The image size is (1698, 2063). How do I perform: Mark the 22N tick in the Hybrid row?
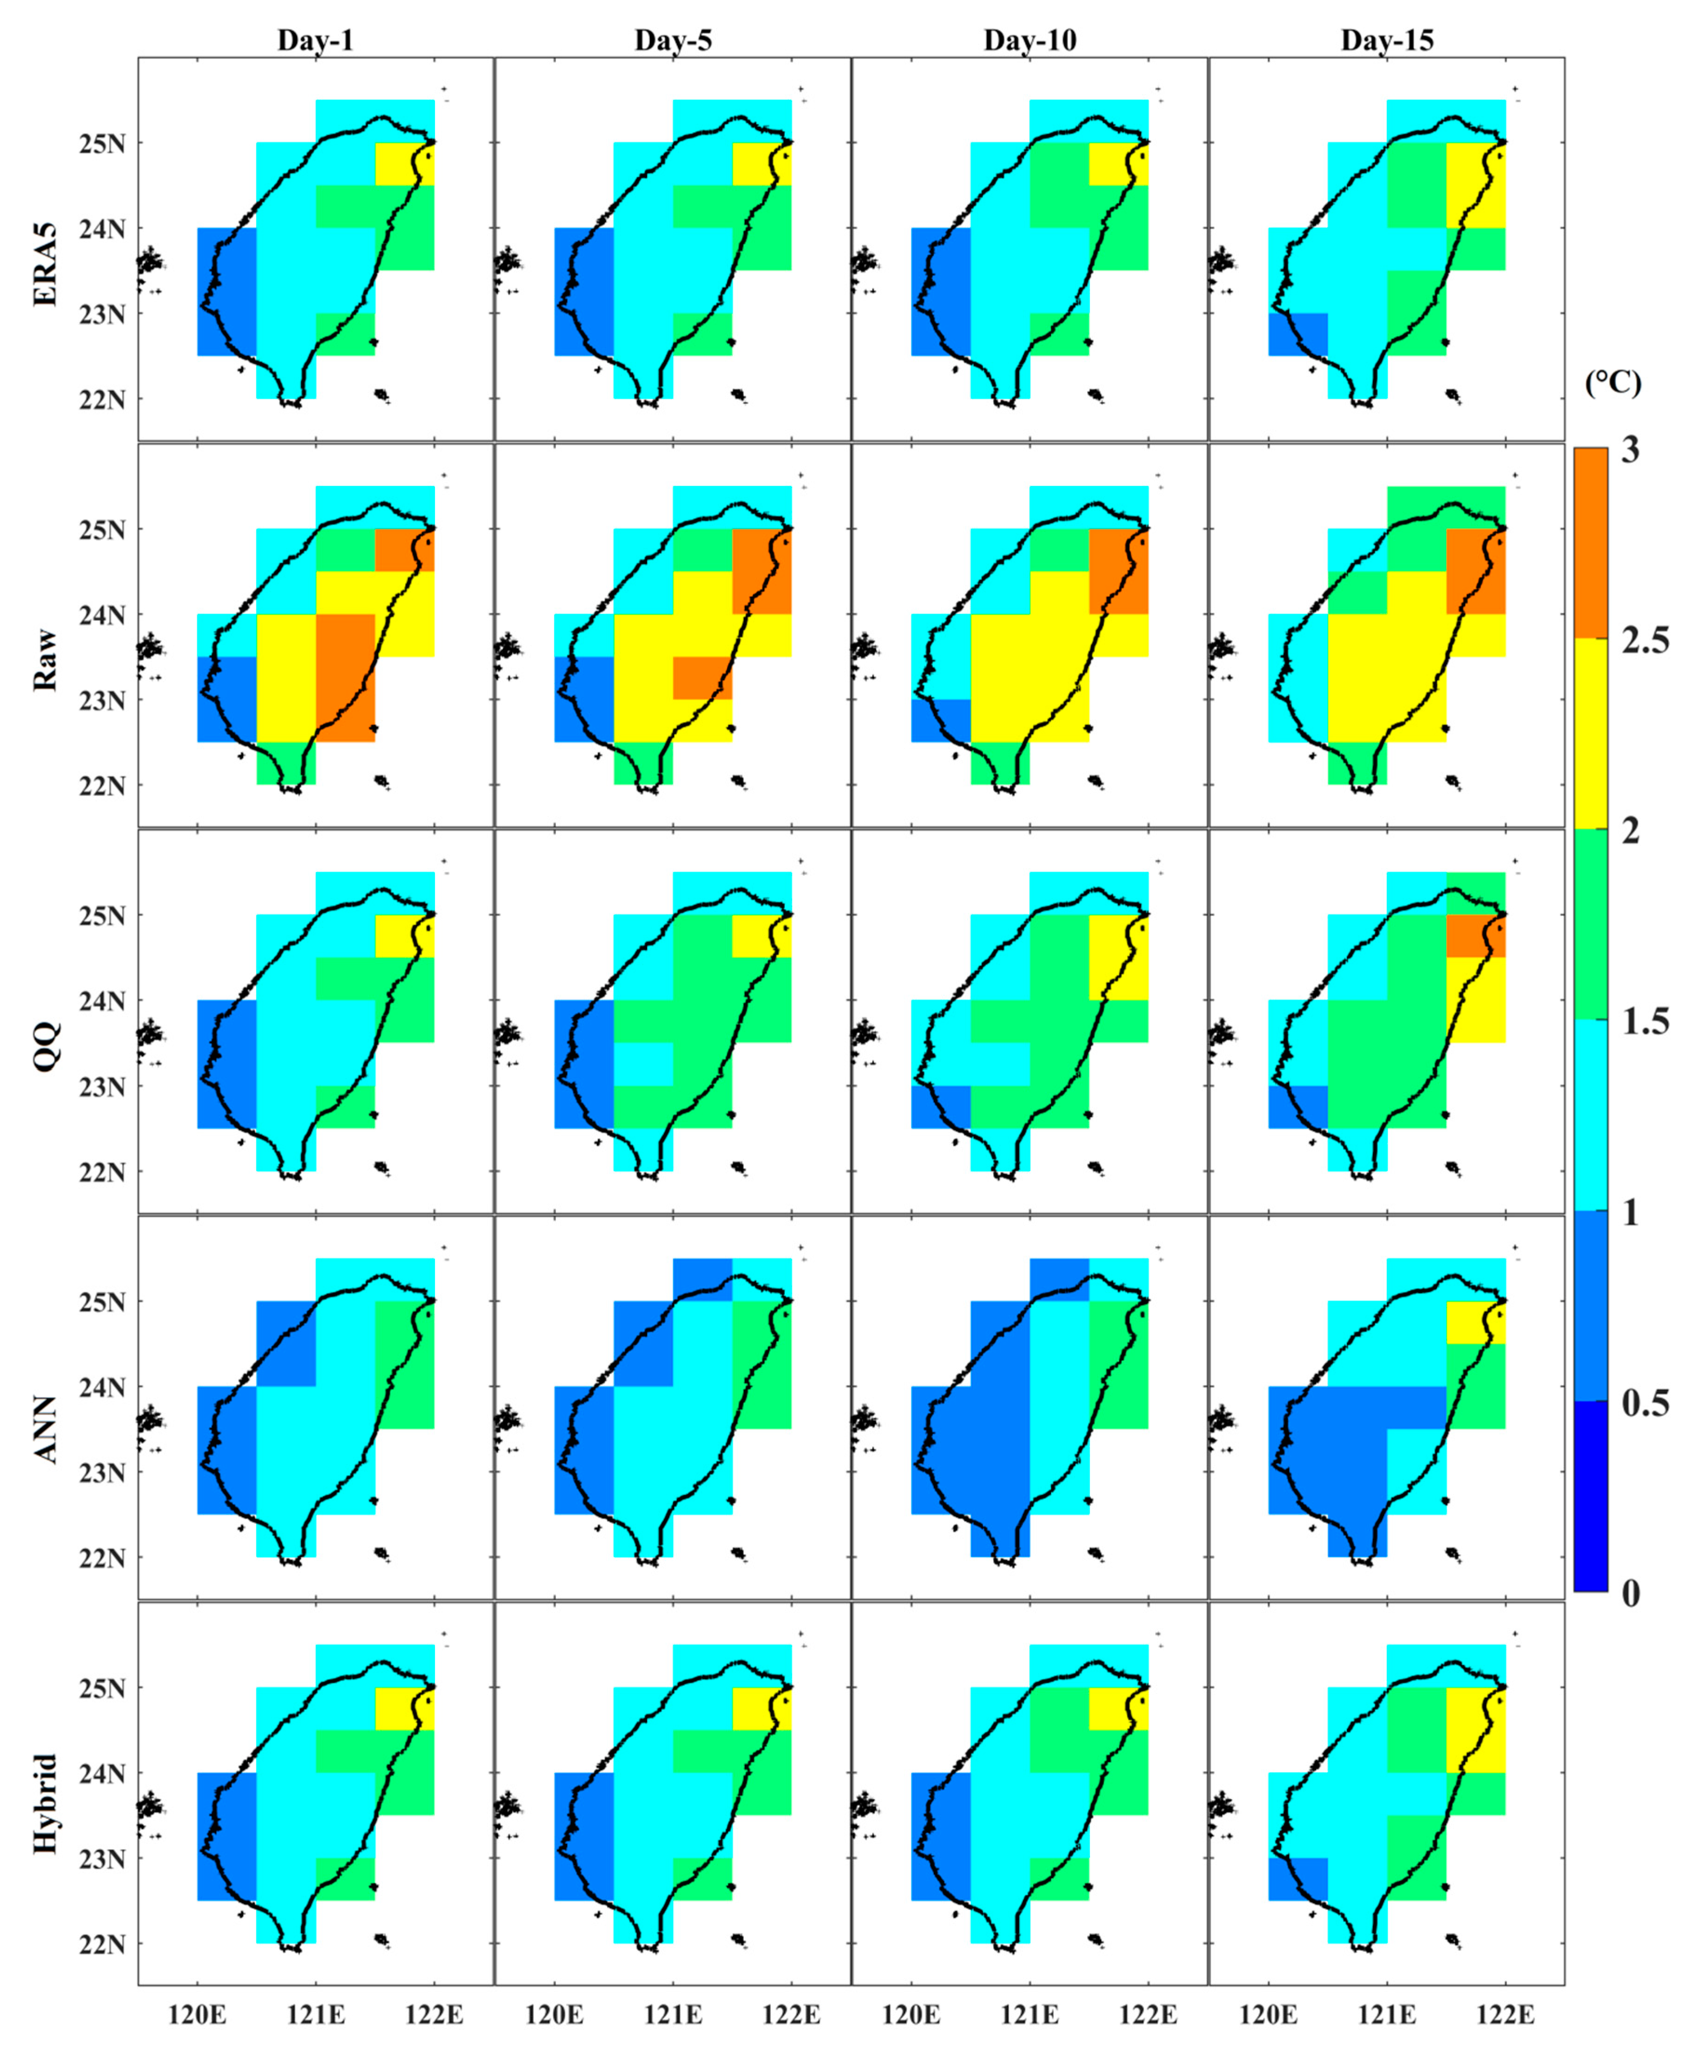[102, 1945]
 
